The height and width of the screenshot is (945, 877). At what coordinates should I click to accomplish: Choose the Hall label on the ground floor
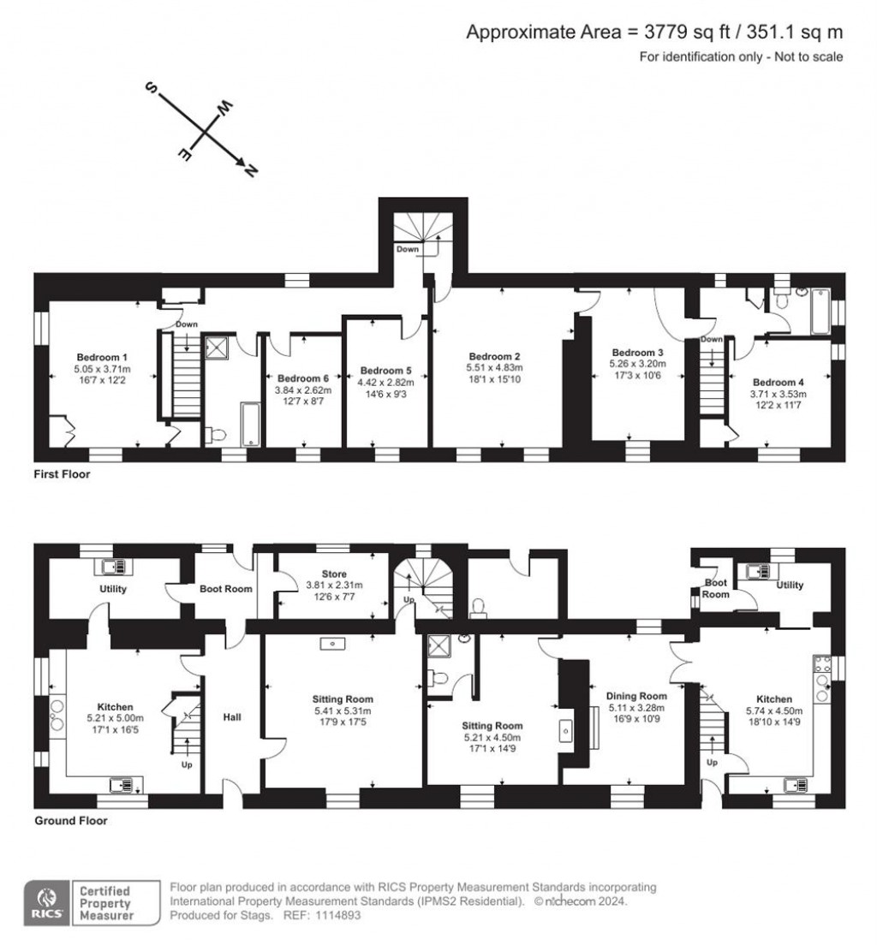pos(231,716)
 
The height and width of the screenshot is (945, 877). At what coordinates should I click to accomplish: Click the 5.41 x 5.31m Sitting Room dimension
pos(343,710)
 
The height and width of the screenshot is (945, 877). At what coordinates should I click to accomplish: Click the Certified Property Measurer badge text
pos(106,903)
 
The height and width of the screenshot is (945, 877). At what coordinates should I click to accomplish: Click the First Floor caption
pos(63,473)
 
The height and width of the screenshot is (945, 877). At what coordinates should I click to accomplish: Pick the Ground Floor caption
pos(70,821)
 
